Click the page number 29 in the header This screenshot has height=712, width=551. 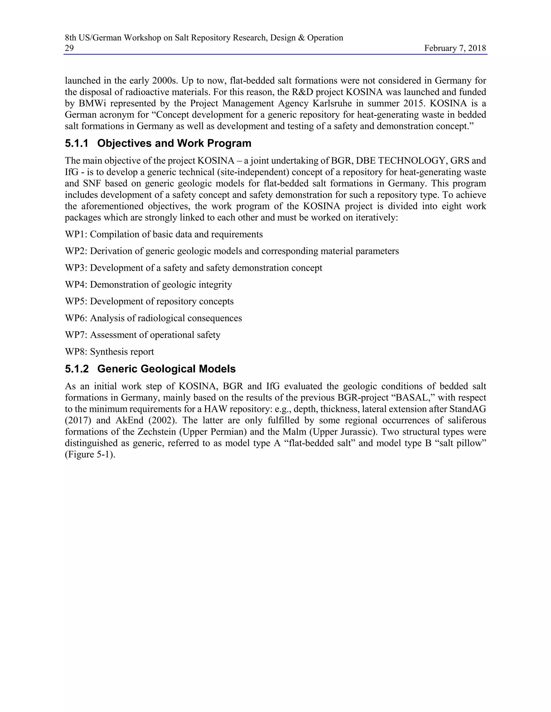pyautogui.click(x=69, y=48)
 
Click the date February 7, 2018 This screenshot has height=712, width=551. pyautogui.click(x=455, y=48)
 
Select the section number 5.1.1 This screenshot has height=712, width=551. pyautogui.click(x=77, y=143)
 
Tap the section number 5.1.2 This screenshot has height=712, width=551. pyautogui.click(x=77, y=369)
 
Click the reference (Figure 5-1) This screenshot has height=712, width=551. pyautogui.click(x=90, y=454)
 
